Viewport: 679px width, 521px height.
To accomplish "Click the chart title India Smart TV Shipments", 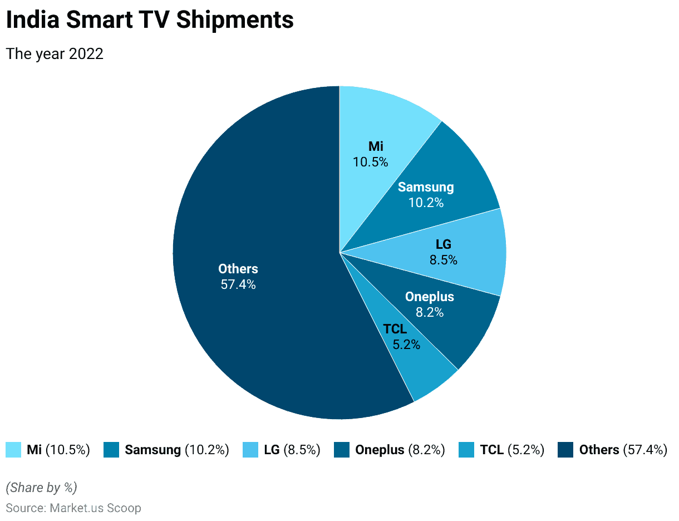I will click(x=149, y=21).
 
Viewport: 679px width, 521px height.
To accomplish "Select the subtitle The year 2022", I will click(x=54, y=54).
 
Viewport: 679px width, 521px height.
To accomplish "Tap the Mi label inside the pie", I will click(x=376, y=146).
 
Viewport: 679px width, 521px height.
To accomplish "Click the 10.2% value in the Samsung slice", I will click(x=426, y=203).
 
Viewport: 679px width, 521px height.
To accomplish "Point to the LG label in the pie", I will click(x=443, y=244).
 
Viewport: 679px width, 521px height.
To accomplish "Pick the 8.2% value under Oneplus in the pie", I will click(x=429, y=312).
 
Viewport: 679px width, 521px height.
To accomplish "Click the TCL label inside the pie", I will click(x=395, y=329).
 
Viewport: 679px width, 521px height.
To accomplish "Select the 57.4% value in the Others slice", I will click(x=238, y=284).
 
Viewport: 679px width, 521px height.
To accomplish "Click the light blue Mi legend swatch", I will click(x=13, y=450).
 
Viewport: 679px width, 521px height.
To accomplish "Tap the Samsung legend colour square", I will click(x=111, y=450).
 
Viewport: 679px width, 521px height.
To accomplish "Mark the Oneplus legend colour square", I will click(x=342, y=450).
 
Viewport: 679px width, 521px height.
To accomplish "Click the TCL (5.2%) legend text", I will click(x=511, y=450).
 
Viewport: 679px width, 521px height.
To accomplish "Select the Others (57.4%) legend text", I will click(x=623, y=450).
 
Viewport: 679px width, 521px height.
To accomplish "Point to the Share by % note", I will click(x=41, y=488).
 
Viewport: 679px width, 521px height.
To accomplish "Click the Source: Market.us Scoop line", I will click(x=73, y=508).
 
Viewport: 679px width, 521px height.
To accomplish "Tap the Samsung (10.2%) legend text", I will click(x=176, y=450).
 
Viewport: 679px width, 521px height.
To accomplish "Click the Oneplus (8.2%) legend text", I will click(x=400, y=450).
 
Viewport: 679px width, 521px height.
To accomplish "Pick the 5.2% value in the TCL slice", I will click(x=406, y=345).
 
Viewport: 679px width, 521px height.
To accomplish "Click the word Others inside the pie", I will click(x=238, y=269).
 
